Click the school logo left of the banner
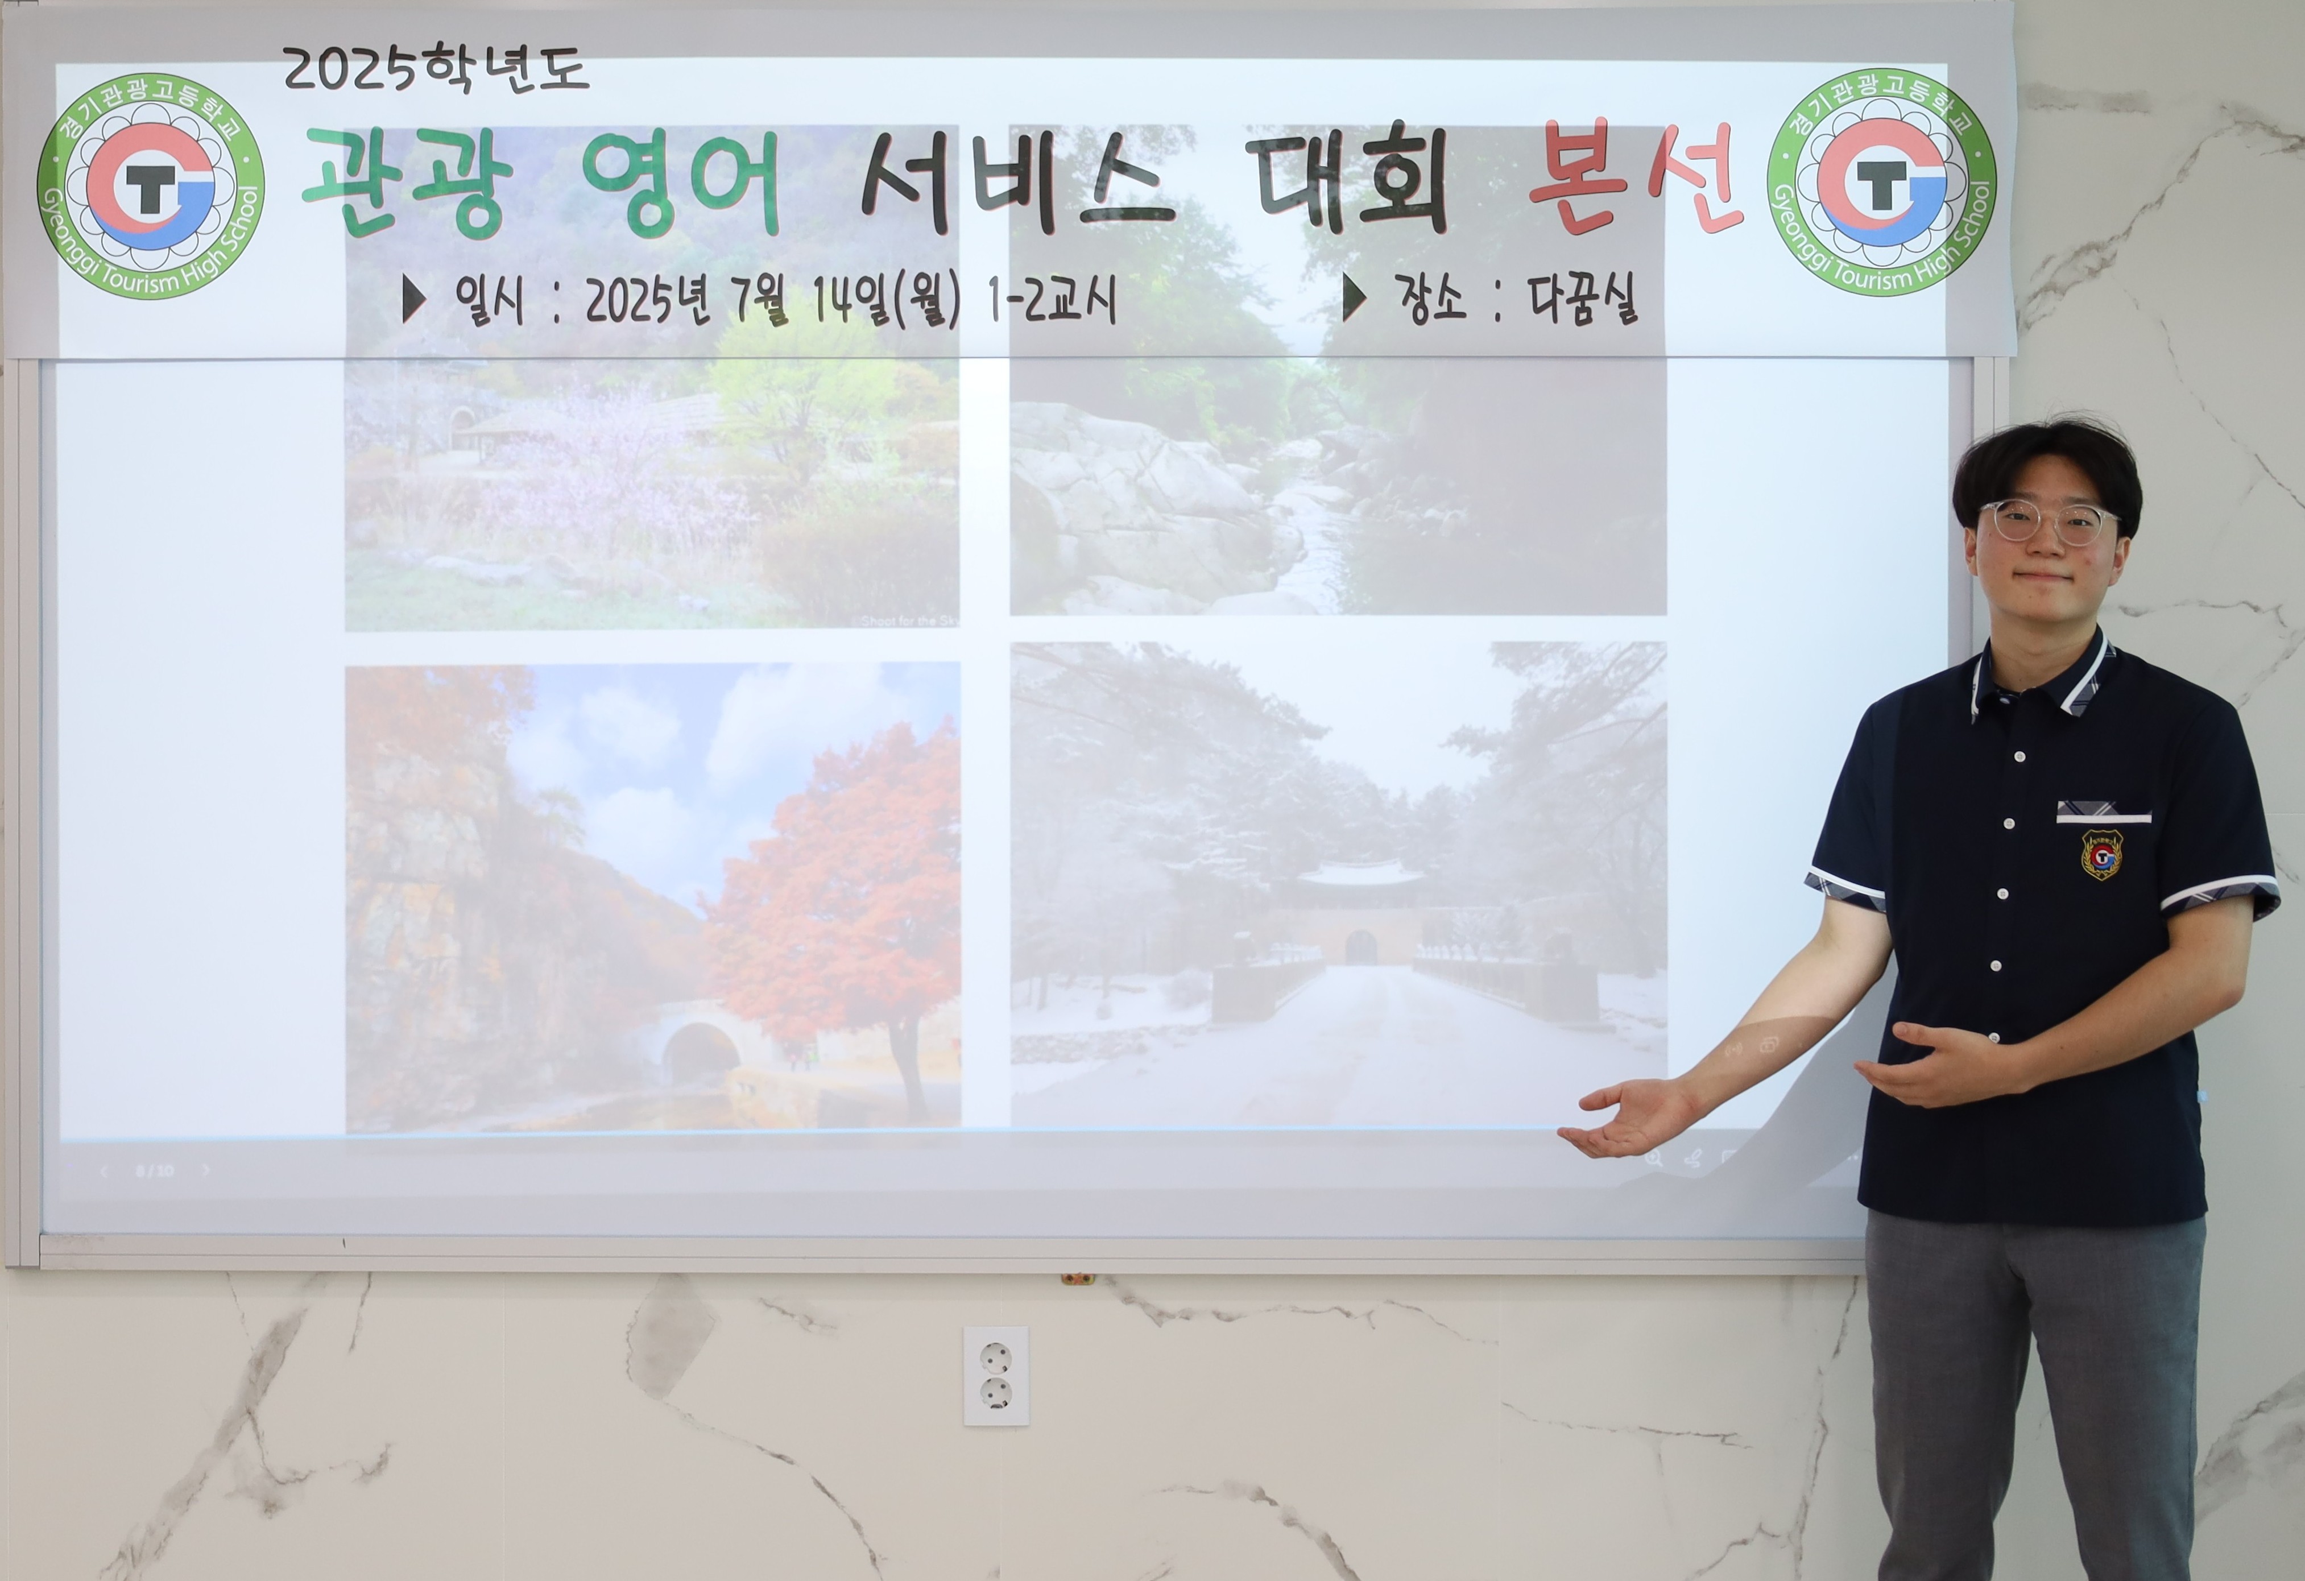(151, 185)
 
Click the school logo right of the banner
(1881, 183)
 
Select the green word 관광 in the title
(409, 184)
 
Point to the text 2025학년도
(436, 69)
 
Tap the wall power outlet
(996, 1376)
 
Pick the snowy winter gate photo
(1338, 883)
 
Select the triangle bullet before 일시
(413, 299)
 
